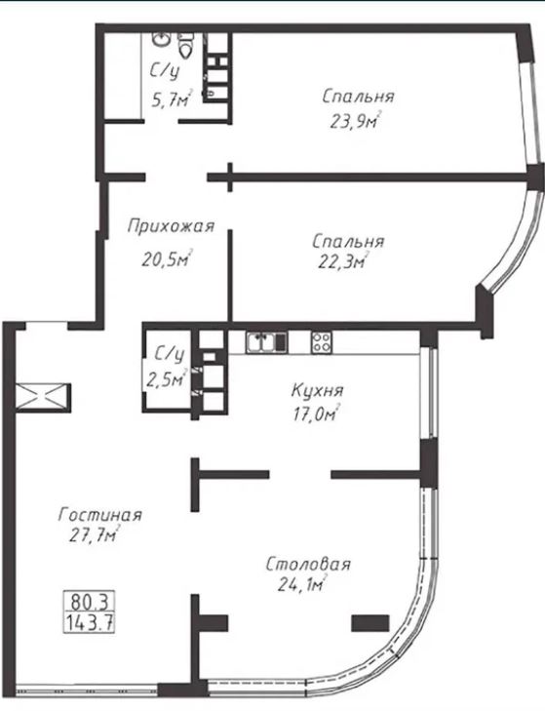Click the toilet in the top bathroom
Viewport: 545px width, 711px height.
tap(184, 45)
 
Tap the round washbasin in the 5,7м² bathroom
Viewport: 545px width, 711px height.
tap(162, 39)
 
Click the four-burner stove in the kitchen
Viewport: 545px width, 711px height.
tap(321, 342)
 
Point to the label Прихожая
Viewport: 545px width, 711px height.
tap(171, 226)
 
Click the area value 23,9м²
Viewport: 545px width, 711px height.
tap(355, 121)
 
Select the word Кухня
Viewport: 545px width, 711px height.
tap(317, 390)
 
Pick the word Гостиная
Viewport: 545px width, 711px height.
tap(100, 515)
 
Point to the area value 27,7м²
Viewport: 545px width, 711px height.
tap(95, 535)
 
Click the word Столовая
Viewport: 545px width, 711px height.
tap(308, 565)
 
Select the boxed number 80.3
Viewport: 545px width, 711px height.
tap(90, 602)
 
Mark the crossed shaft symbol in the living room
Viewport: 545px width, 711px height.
tap(43, 398)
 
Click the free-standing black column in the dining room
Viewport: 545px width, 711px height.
tap(370, 623)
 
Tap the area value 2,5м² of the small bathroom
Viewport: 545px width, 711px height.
tap(167, 378)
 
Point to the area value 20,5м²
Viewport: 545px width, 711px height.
tap(168, 258)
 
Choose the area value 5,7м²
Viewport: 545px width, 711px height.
tap(172, 99)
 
